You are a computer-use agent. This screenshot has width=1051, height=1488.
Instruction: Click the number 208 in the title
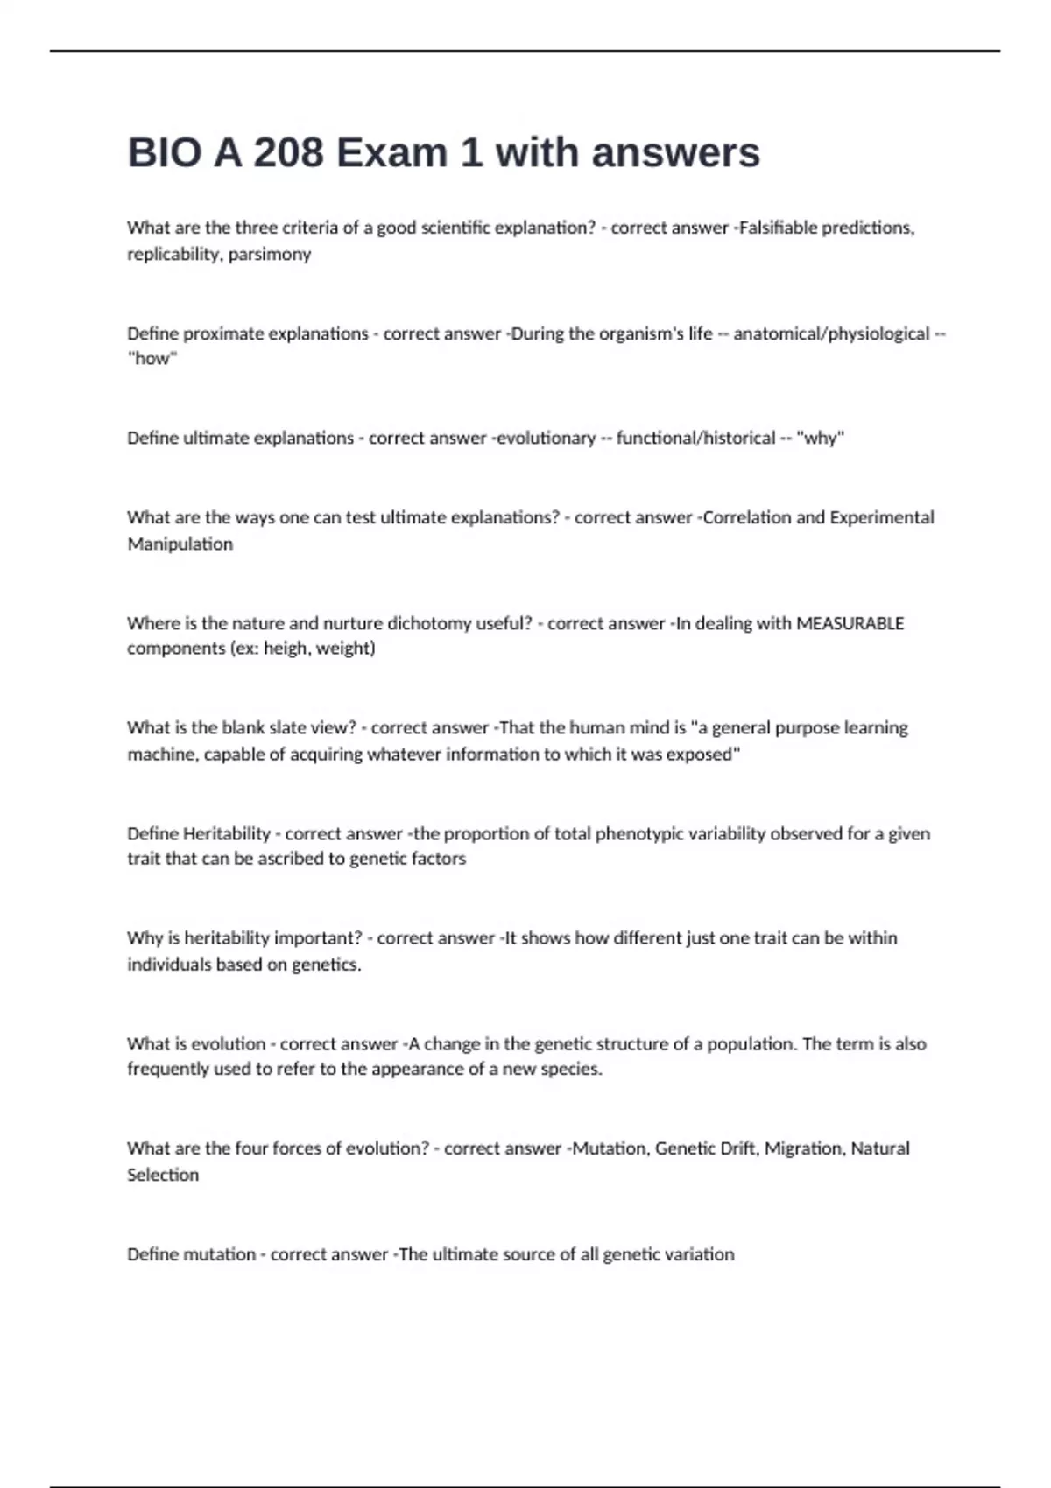[x=288, y=153]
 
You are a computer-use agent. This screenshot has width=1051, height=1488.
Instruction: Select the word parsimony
[x=270, y=255]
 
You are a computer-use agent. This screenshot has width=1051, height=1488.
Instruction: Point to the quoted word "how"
[x=152, y=359]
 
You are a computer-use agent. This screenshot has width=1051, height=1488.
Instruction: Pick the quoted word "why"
[x=820, y=438]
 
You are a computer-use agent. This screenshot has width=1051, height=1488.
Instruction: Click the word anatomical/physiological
[x=831, y=333]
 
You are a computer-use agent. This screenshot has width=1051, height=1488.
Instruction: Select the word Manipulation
[x=180, y=544]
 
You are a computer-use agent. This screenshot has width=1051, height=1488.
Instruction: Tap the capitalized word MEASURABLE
[x=850, y=623]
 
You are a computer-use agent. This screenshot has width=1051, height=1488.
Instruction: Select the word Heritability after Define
[x=227, y=833]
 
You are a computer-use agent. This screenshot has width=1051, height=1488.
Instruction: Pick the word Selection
[x=163, y=1175]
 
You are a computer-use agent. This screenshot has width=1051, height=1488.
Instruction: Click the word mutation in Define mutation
[x=218, y=1254]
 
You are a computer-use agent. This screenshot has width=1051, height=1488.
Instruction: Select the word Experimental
[x=882, y=517]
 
